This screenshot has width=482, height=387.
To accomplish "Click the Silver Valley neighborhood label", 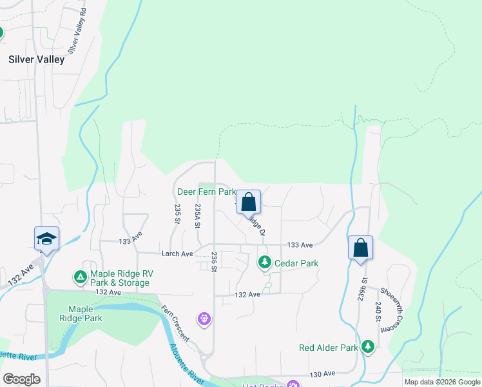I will click(36, 59).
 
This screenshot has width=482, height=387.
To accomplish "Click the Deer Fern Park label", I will click(206, 192).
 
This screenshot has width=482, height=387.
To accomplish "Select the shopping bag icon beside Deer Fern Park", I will click(249, 203).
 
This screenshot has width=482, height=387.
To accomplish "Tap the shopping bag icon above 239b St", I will click(361, 248).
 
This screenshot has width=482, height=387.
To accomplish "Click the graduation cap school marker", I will click(46, 238).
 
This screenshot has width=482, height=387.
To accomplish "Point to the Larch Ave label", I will click(178, 253).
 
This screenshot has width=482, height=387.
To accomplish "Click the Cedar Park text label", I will click(296, 263).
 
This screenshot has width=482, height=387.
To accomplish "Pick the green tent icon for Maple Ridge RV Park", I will click(80, 277).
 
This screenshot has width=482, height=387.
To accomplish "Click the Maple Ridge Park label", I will click(85, 313).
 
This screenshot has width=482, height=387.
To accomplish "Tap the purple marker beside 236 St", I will click(205, 318).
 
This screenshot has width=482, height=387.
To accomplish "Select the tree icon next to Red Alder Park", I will click(368, 347).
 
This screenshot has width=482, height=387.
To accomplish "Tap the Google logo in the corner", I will click(21, 379).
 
